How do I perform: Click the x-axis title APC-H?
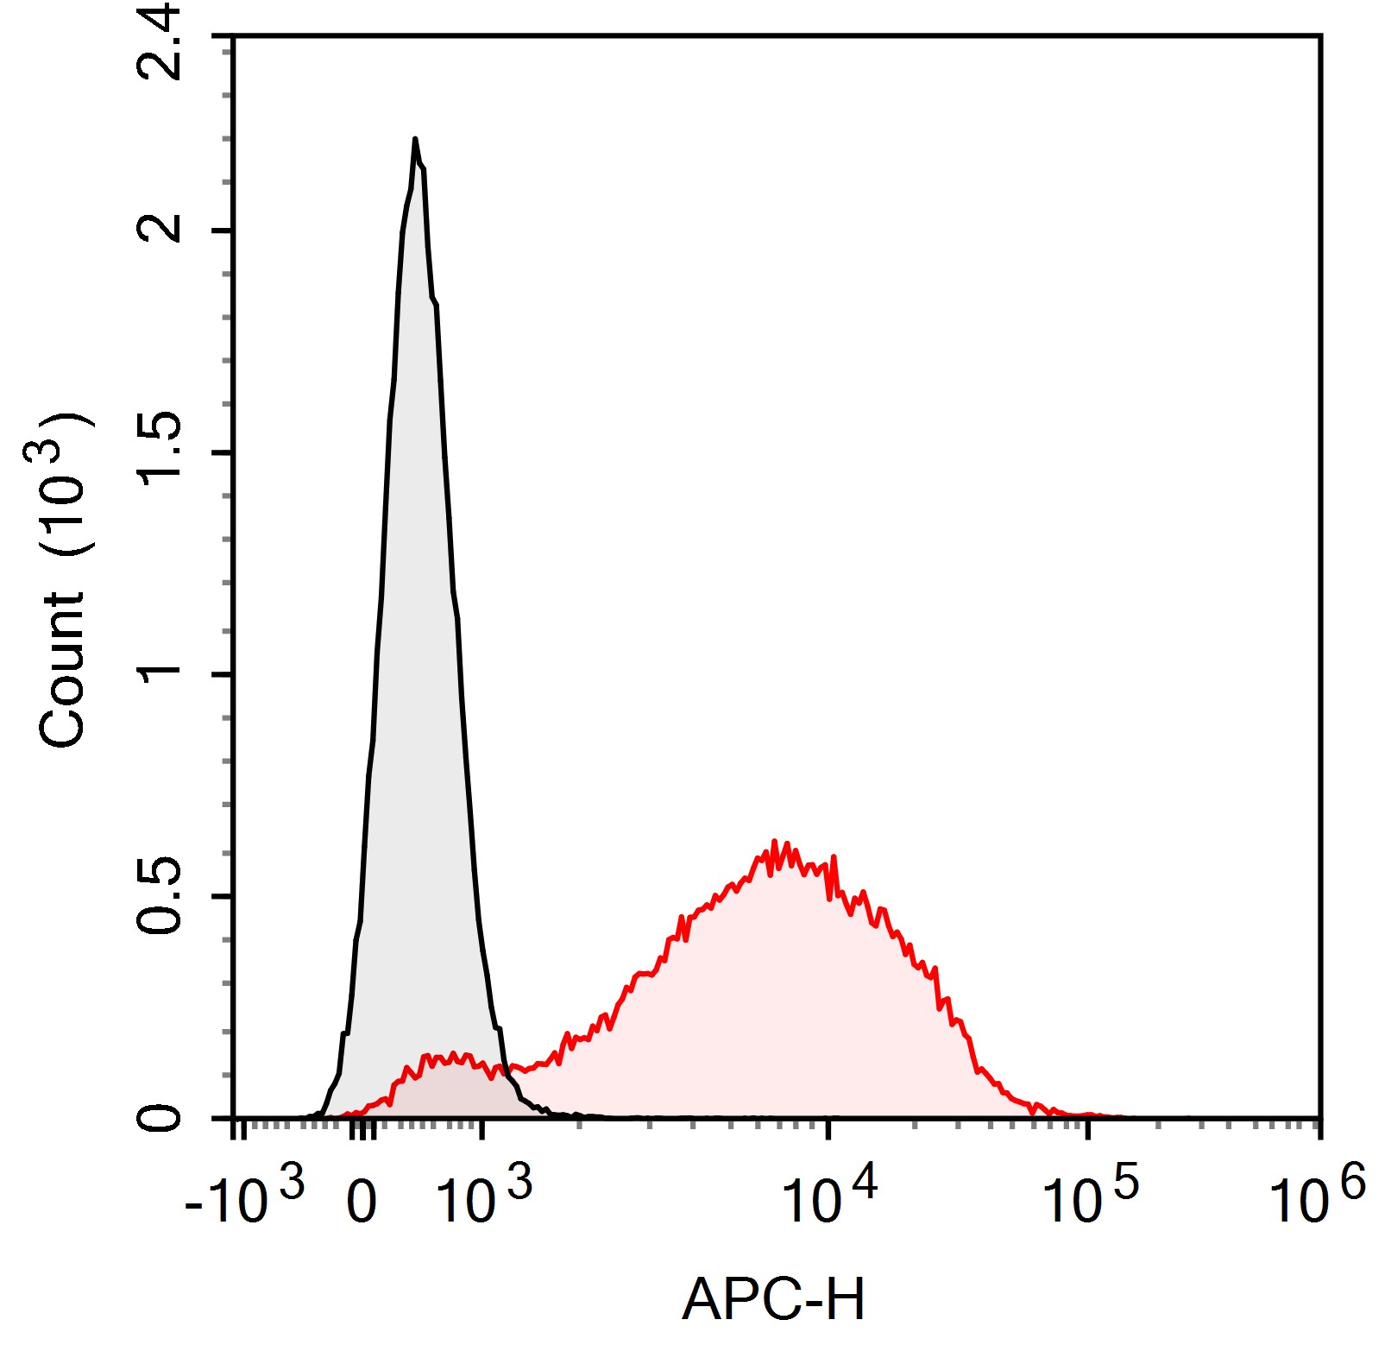[773, 1299]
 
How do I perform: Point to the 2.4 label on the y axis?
[160, 41]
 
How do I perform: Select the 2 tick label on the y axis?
[160, 229]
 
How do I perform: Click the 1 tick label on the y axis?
[160, 673]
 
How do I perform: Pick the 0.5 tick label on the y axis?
[160, 896]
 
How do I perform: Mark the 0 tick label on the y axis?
[160, 1119]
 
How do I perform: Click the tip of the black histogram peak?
[415, 139]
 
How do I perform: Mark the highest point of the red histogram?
[774, 842]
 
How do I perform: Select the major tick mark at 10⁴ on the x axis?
[828, 1127]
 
